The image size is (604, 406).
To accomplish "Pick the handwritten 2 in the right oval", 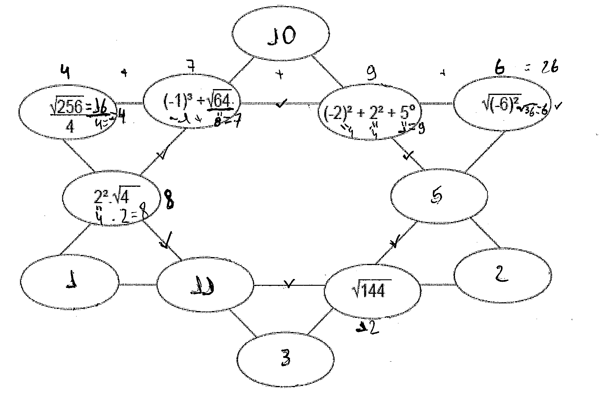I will pos(502,274).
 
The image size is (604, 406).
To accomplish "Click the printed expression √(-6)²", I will pos(501,103).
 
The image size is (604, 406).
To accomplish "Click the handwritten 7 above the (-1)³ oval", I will pos(191,67).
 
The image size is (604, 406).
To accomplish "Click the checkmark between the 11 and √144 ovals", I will pos(289,284).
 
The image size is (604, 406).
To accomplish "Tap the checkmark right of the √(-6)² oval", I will pos(558,106).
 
